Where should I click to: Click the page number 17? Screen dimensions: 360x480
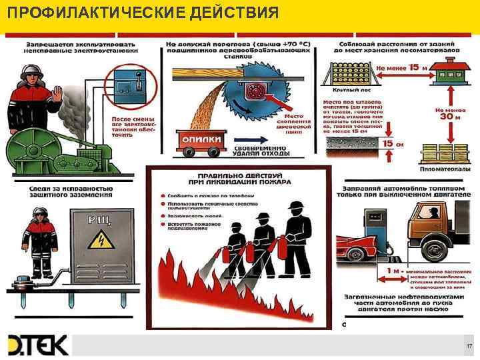click(x=469, y=345)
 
